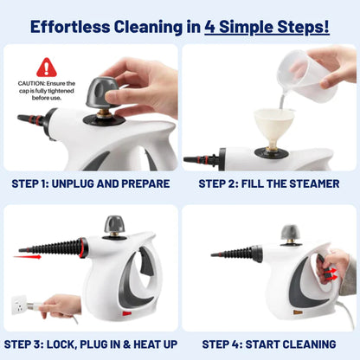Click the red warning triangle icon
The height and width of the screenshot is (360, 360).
pyautogui.click(x=46, y=67)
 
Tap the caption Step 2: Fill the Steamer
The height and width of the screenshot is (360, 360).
pyautogui.click(x=269, y=183)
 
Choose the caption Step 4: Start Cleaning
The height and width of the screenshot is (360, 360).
pyautogui.click(x=269, y=344)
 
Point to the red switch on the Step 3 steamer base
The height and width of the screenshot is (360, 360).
pyautogui.click(x=126, y=310)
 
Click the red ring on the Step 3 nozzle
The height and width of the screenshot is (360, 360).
pyautogui.click(x=82, y=248)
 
